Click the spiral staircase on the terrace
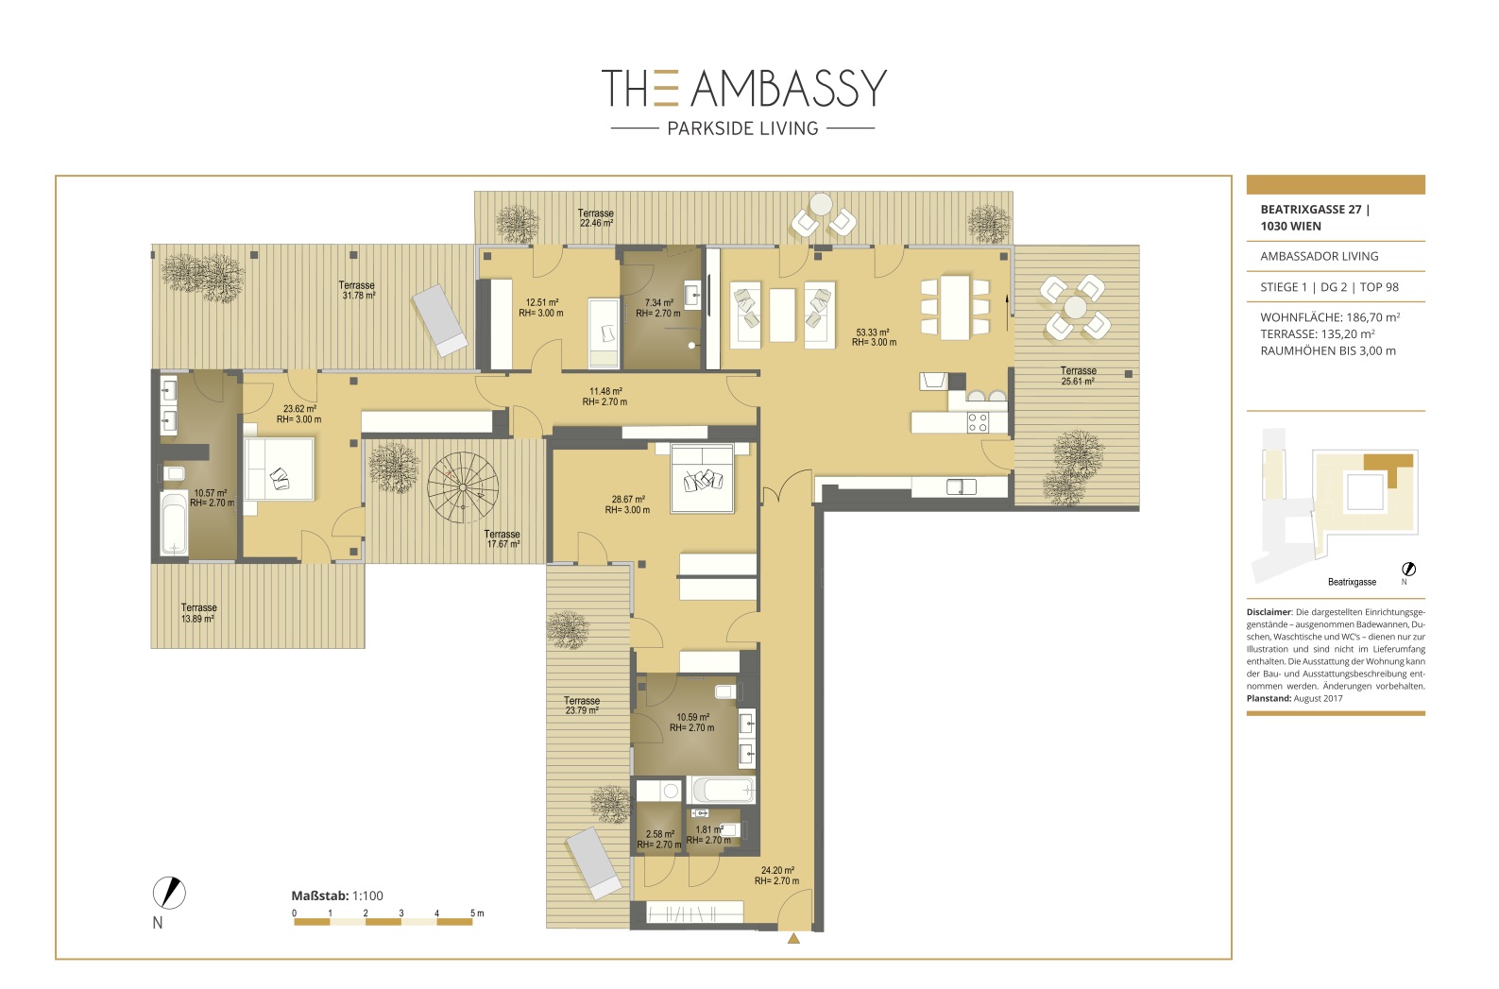(x=463, y=487)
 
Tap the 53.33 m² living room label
(x=874, y=337)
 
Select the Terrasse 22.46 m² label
(x=596, y=218)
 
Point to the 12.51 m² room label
(x=541, y=308)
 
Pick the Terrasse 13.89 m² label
(x=198, y=613)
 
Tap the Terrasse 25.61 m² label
(x=1078, y=376)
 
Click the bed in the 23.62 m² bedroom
(x=279, y=469)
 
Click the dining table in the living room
(x=955, y=308)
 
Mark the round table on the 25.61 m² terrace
(x=1076, y=307)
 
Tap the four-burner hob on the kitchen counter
(x=978, y=423)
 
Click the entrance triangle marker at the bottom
(x=793, y=939)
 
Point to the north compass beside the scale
(x=169, y=893)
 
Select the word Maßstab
(x=320, y=896)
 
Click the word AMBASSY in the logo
(x=789, y=89)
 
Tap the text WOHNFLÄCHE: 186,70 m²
(x=1330, y=317)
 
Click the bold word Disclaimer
(x=1269, y=611)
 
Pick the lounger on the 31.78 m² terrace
(x=439, y=320)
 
